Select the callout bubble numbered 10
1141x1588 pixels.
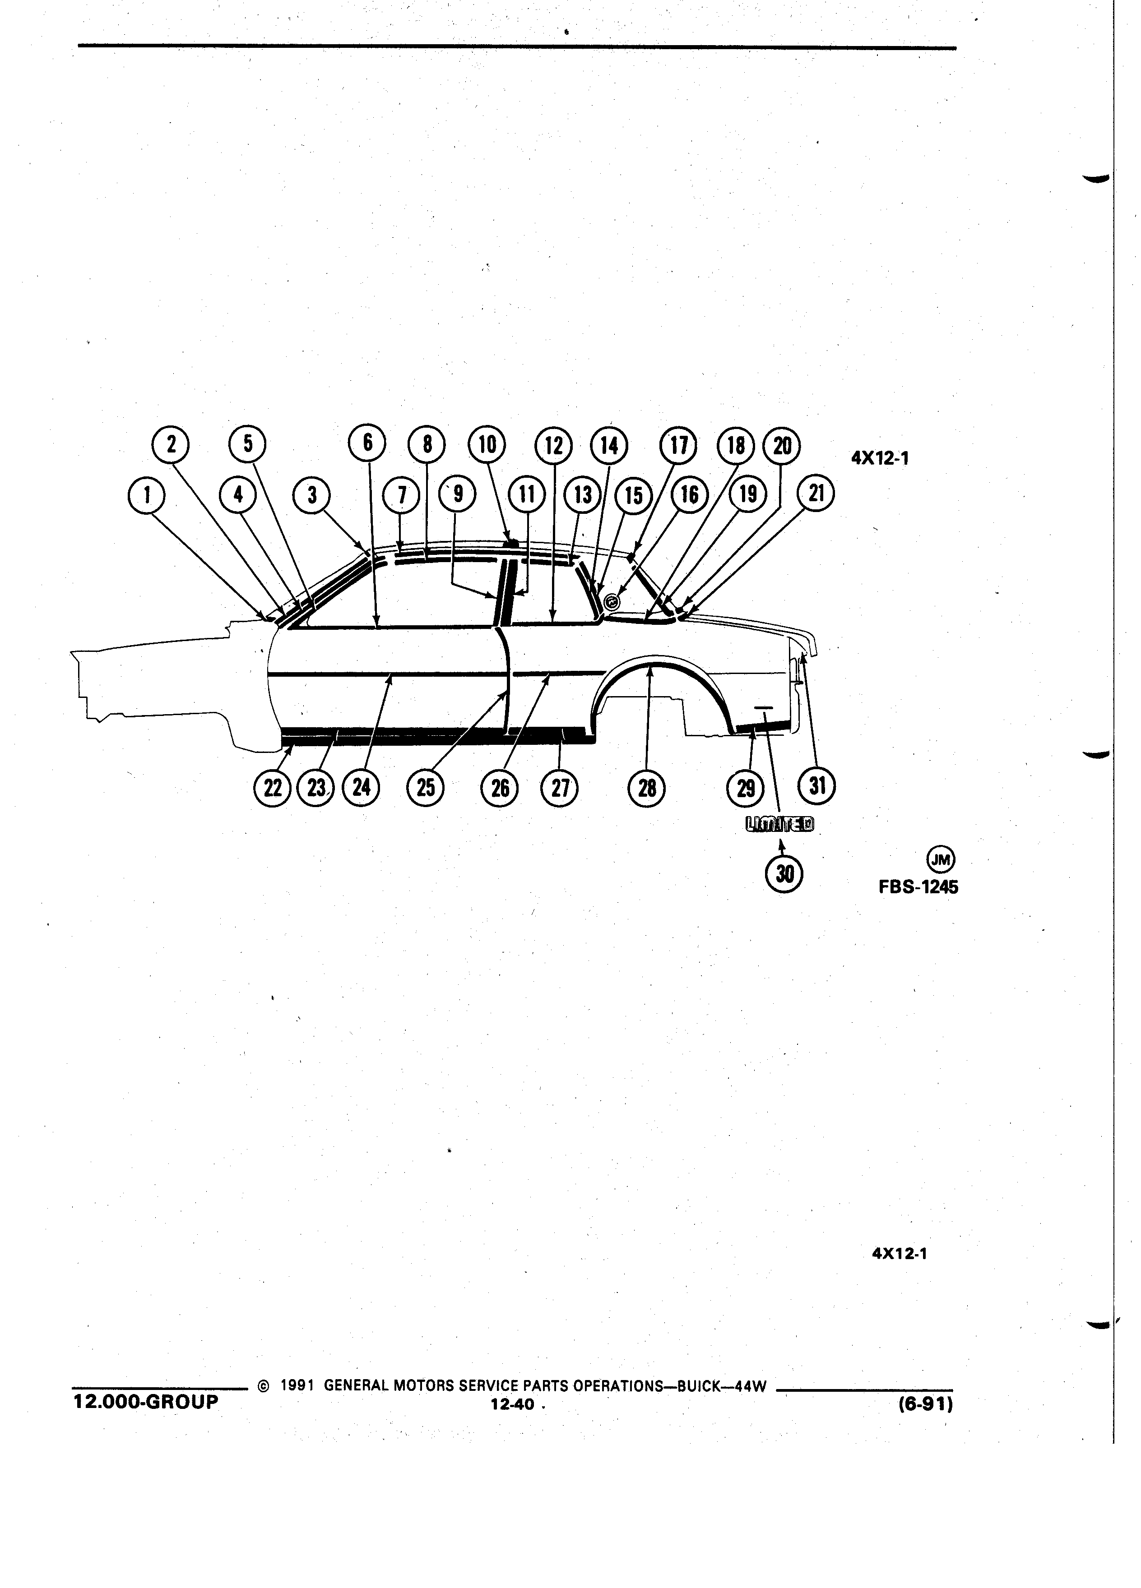tap(487, 445)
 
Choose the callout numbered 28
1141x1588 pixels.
tap(648, 789)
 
